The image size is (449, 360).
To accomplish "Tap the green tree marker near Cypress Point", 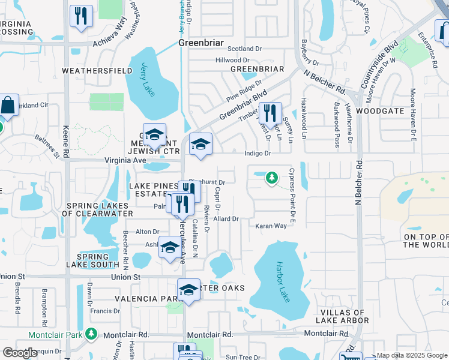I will pos(272,178).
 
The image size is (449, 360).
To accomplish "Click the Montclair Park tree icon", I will pos(91,333).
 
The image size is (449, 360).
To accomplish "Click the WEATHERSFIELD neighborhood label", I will pos(97,71).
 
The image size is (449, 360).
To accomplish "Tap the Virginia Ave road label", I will pos(125,161).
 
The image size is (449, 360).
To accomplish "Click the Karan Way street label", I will pos(271,226).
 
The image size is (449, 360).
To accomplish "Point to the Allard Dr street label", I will pos(226,220).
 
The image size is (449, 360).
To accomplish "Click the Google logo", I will pos(20,353).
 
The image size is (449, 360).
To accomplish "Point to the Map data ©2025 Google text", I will pos(411,355).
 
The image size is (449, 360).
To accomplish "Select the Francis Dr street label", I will pos(104,311).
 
